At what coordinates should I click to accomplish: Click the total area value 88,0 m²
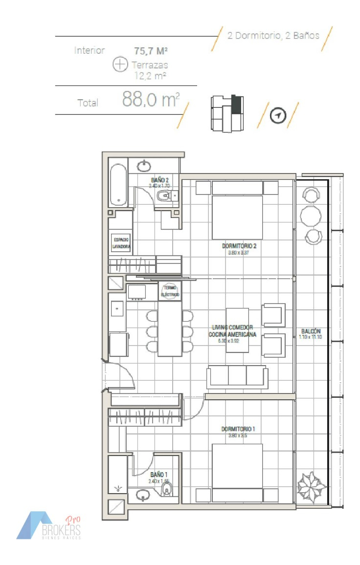tap(150, 100)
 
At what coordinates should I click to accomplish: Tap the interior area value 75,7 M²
tap(151, 50)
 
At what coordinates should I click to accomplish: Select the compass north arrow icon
tap(278, 116)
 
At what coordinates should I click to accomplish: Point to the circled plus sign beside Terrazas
tap(120, 65)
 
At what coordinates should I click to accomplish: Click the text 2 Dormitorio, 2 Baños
tap(273, 36)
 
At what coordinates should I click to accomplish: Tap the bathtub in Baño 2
tap(118, 185)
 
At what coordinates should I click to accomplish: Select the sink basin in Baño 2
tap(144, 166)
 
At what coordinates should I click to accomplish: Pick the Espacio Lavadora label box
tap(121, 243)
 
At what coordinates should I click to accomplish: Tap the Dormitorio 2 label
tap(239, 246)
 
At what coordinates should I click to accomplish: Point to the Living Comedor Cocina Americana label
tap(232, 331)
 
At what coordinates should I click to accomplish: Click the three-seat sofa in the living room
tap(237, 377)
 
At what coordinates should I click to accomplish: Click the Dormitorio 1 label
tap(238, 429)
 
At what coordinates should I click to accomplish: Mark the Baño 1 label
tap(159, 475)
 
